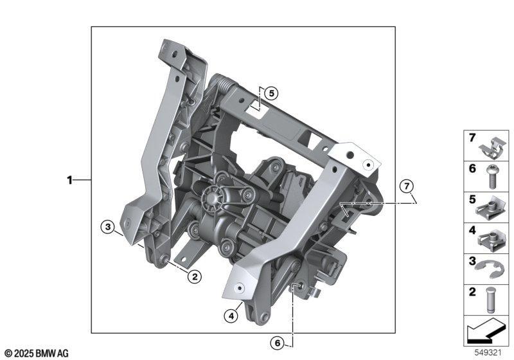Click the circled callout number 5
271,93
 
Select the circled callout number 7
407,186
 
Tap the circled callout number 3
108,226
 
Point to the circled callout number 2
195,277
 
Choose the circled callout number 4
231,316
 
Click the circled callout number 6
278,343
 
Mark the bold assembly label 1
69,180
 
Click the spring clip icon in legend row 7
493,148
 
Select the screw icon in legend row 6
491,177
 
